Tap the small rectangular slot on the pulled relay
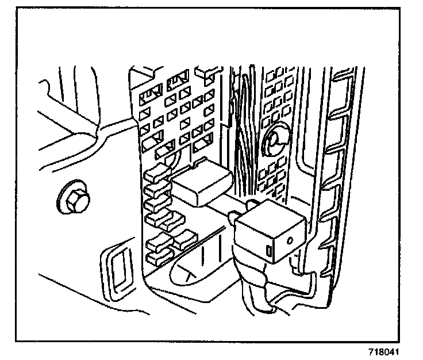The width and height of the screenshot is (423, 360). [x=269, y=251]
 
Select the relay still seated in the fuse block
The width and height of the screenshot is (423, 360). [x=201, y=183]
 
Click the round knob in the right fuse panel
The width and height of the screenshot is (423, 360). [x=275, y=139]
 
